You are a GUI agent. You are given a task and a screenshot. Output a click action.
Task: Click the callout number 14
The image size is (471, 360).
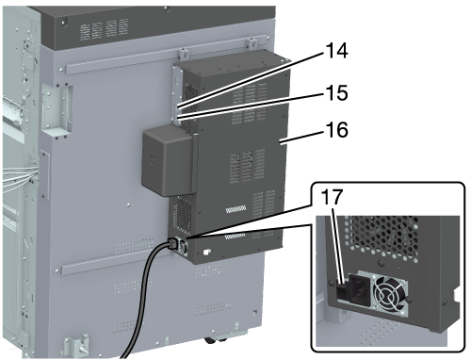(x=337, y=51)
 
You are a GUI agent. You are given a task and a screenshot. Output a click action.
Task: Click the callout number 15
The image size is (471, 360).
(x=337, y=93)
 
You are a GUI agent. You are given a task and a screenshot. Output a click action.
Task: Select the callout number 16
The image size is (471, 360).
(x=337, y=130)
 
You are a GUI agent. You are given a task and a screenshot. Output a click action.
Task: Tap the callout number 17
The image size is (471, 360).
(x=332, y=197)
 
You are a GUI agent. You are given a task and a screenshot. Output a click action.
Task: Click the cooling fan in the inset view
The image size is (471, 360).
(x=389, y=295)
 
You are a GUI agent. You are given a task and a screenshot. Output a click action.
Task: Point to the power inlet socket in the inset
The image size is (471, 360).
(x=359, y=289)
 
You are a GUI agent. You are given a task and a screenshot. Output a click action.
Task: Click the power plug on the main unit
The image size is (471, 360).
(x=172, y=243)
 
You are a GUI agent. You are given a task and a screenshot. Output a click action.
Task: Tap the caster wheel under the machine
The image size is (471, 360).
(x=216, y=340)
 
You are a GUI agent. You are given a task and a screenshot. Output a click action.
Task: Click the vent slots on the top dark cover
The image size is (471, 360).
(x=105, y=29)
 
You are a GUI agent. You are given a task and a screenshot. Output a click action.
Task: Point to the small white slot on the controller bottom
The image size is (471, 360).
(x=206, y=252)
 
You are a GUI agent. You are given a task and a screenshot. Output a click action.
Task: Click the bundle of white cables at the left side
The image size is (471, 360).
(x=18, y=178)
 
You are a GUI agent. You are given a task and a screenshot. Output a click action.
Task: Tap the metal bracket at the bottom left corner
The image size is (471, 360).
(x=76, y=346)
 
